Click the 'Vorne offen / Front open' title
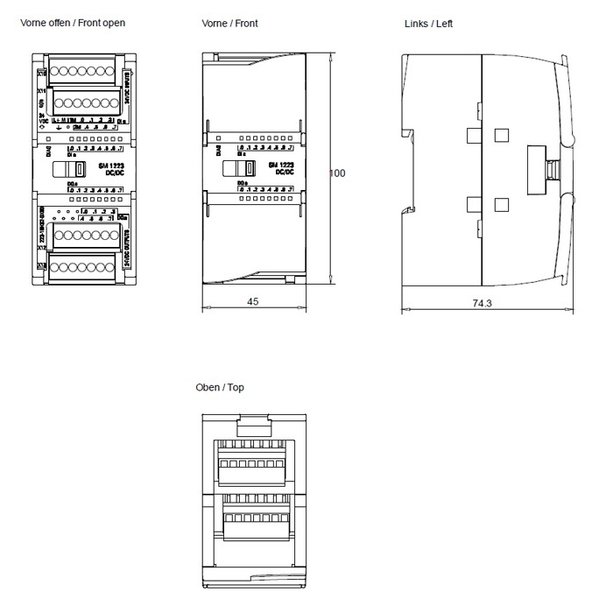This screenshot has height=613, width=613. (73, 23)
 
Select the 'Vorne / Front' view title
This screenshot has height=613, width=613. (229, 23)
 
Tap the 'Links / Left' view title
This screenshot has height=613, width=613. (428, 23)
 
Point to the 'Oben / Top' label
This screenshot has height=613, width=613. (220, 387)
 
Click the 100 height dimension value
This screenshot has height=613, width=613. (337, 173)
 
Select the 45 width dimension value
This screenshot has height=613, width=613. (252, 299)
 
